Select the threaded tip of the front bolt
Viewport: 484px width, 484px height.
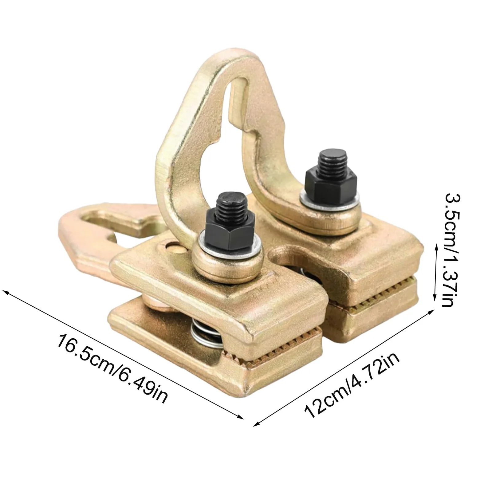pyautogui.click(x=229, y=207)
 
